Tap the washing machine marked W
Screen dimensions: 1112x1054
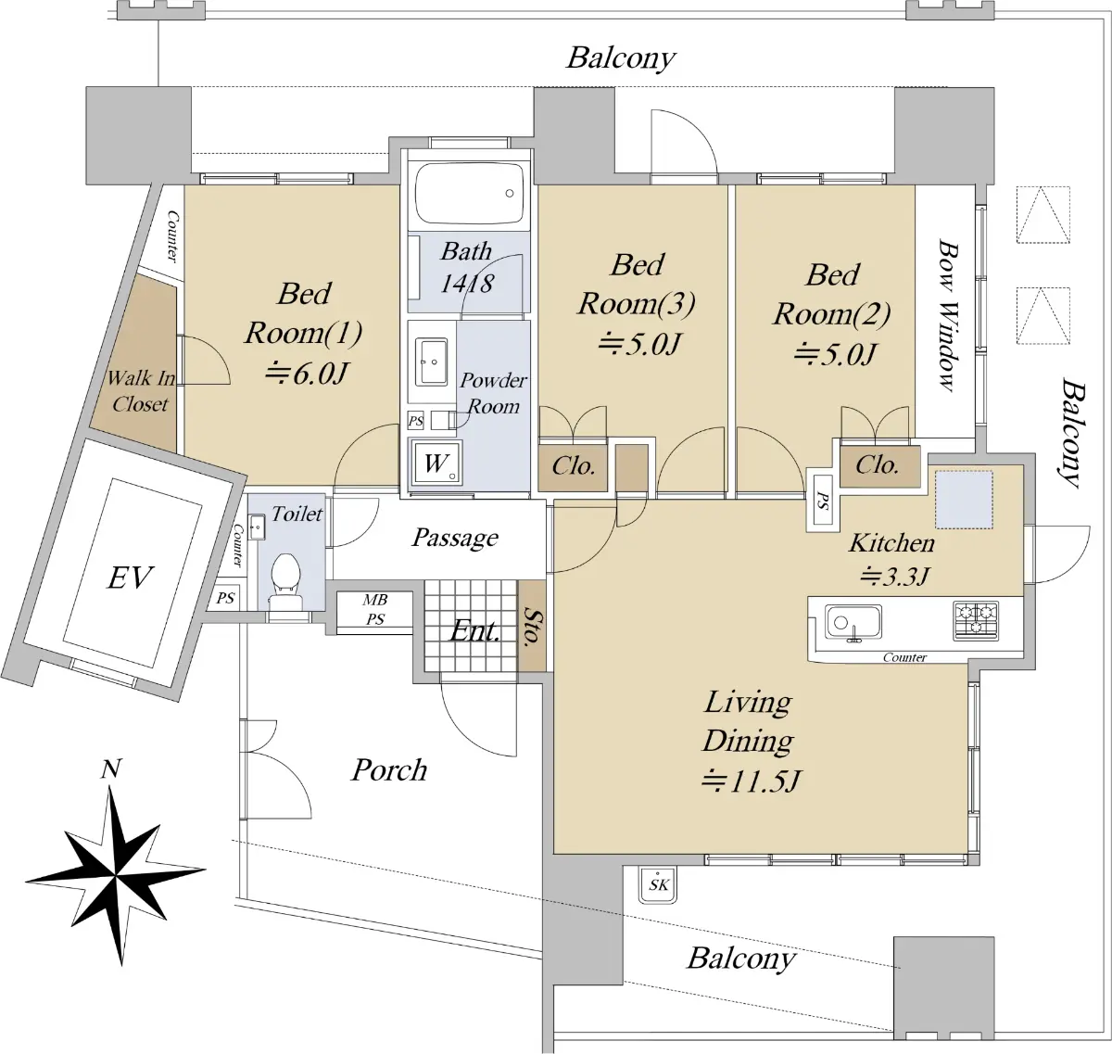pyautogui.click(x=436, y=463)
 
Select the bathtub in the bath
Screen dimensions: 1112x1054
pyautogui.click(x=469, y=195)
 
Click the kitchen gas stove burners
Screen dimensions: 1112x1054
pyautogui.click(x=977, y=620)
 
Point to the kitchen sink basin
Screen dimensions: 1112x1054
pyautogui.click(x=853, y=622)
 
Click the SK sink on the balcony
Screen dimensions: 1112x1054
pyautogui.click(x=658, y=884)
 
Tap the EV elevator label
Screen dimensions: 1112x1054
pyautogui.click(x=130, y=578)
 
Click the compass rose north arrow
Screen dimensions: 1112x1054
pyautogui.click(x=116, y=875)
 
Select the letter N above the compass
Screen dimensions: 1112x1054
pyautogui.click(x=111, y=769)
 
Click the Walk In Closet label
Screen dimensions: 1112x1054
pyautogui.click(x=141, y=390)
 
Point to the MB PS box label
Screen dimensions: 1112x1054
pyautogui.click(x=374, y=609)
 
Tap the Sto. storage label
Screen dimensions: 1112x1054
pyautogui.click(x=532, y=627)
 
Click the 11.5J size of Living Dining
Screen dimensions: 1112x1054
pyautogui.click(x=751, y=781)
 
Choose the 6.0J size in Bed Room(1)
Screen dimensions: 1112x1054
pyautogui.click(x=305, y=373)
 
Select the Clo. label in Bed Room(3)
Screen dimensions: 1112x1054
pyautogui.click(x=573, y=465)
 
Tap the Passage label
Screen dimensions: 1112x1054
pyautogui.click(x=455, y=538)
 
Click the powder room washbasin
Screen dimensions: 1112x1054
pyautogui.click(x=432, y=362)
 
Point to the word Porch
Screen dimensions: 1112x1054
pyautogui.click(x=389, y=769)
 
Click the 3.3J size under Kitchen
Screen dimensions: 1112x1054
pyautogui.click(x=894, y=577)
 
